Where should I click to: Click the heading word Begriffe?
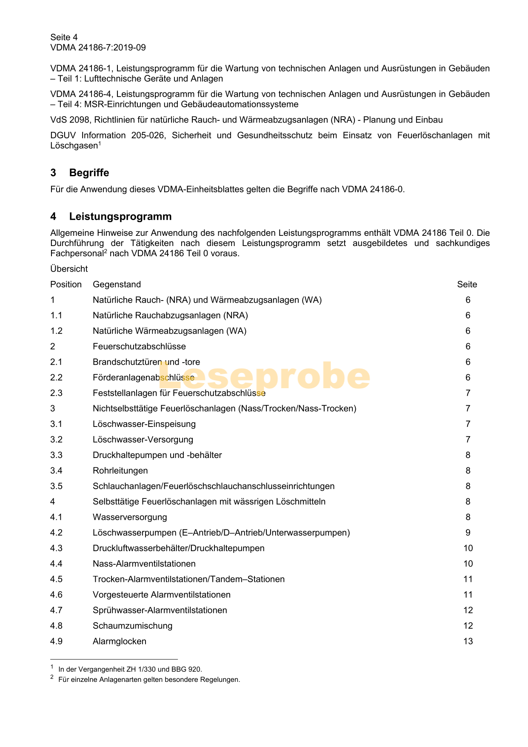coord(89,173)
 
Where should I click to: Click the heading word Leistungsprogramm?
coord(120,217)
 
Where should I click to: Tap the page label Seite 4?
coord(64,37)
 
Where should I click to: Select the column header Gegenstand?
coord(117,284)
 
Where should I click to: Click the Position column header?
coord(66,284)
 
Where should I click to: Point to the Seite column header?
coord(467,284)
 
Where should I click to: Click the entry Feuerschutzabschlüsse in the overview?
coord(139,346)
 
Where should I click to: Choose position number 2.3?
coord(56,393)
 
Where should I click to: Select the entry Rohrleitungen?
coord(120,471)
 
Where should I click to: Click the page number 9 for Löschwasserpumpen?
coord(468,533)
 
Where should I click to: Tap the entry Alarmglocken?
coord(120,641)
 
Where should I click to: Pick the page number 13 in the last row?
coord(468,641)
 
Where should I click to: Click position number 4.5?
coord(56,579)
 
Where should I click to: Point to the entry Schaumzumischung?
coord(133,626)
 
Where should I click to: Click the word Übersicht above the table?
coord(69,269)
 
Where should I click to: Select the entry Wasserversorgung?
coord(130,517)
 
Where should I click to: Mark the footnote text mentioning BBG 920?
coord(130,669)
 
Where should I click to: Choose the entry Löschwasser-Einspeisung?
coord(144,424)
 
